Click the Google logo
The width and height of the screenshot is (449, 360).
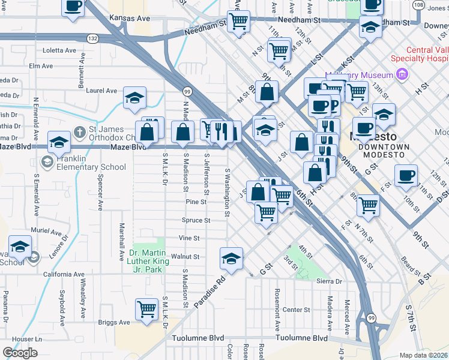tap(20, 353)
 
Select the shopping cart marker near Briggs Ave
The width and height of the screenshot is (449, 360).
tap(146, 310)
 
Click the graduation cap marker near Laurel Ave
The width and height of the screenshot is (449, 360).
tap(134, 97)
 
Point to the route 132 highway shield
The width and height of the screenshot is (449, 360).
tap(92, 37)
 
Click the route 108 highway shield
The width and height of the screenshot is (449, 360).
tap(418, 5)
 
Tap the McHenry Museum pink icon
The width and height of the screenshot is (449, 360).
tap(402, 75)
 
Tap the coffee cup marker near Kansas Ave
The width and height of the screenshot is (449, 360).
tap(73, 7)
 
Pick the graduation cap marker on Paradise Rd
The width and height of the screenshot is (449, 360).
tap(231, 258)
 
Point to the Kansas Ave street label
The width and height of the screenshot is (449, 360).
tap(130, 19)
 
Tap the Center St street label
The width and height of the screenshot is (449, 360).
tap(296, 310)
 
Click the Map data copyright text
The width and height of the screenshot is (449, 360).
tap(423, 355)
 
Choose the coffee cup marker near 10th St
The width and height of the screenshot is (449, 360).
tap(406, 175)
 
